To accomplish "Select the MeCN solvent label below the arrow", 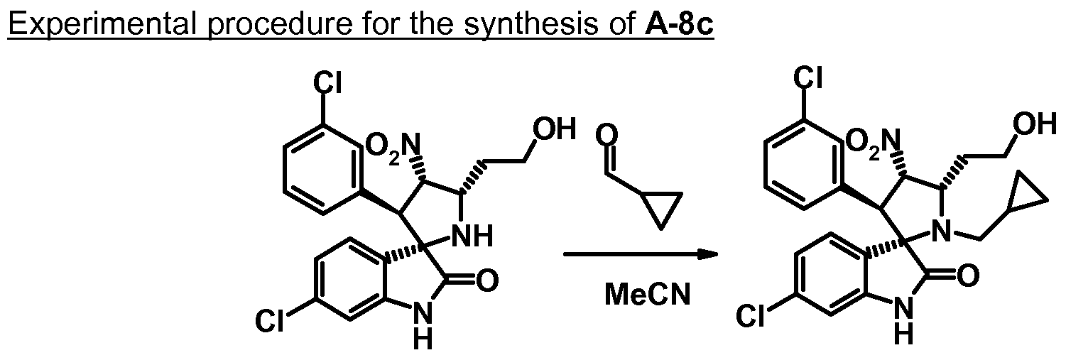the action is tap(647, 295).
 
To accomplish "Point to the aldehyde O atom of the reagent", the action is tap(607, 134).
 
